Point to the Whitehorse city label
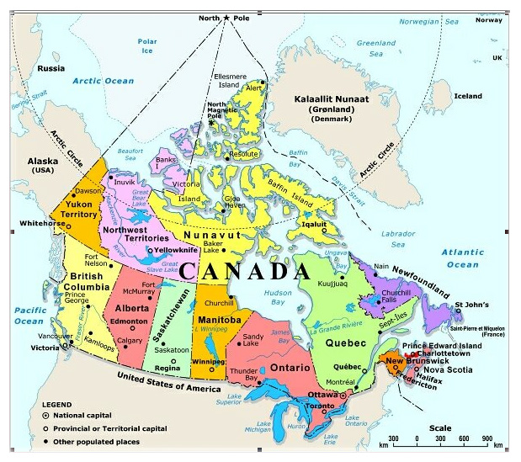tap(26, 223)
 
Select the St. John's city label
tap(470, 305)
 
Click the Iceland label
tap(467, 96)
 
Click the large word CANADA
tap(245, 271)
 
